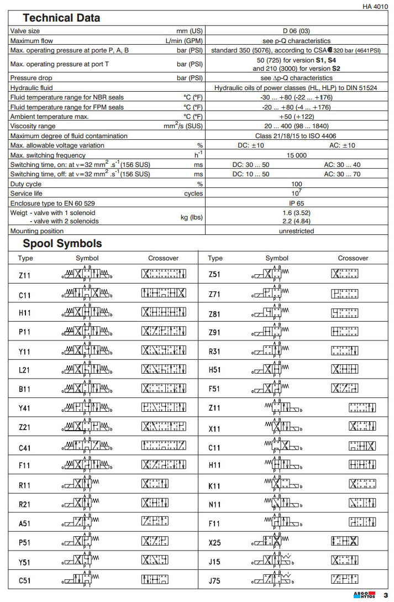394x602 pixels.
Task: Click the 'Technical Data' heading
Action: pyautogui.click(x=61, y=18)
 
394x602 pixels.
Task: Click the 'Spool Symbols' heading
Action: pyautogui.click(x=62, y=244)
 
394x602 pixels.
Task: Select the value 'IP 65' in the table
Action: pyautogui.click(x=297, y=203)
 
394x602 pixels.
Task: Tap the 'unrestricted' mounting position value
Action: pyautogui.click(x=297, y=231)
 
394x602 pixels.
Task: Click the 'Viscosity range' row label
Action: pyautogui.click(x=34, y=126)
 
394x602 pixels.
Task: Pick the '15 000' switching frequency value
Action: pyautogui.click(x=297, y=155)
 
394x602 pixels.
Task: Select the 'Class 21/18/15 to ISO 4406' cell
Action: pyautogui.click(x=297, y=136)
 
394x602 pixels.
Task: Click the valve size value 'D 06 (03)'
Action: pyautogui.click(x=297, y=31)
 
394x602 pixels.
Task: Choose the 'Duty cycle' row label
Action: pyautogui.click(x=26, y=184)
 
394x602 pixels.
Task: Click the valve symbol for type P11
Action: pyautogui.click(x=87, y=331)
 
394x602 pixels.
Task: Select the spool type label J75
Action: pyautogui.click(x=214, y=581)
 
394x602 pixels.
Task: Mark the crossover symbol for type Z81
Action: pyautogui.click(x=344, y=313)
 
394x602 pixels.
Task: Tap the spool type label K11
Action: pyautogui.click(x=214, y=486)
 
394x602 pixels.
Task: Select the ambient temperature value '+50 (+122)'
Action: pyautogui.click(x=297, y=117)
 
